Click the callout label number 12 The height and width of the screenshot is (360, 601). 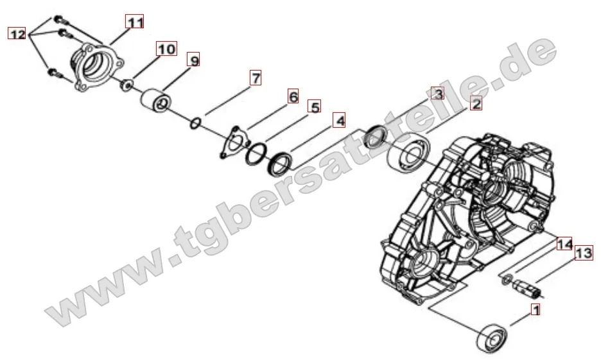click(x=17, y=34)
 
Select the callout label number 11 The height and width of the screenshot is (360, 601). click(x=134, y=22)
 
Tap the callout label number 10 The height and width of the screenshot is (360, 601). click(x=166, y=49)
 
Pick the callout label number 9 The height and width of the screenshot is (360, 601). click(x=193, y=60)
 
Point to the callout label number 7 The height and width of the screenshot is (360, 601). click(x=256, y=78)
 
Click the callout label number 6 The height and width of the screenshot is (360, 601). click(x=292, y=97)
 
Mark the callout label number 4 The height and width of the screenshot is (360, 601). click(x=339, y=120)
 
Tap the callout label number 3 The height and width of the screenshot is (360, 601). click(x=437, y=94)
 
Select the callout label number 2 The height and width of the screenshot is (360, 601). click(x=476, y=103)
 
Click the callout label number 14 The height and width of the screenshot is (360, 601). click(x=564, y=244)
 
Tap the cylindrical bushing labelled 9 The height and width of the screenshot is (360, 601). click(x=157, y=101)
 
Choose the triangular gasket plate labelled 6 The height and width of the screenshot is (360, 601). click(x=231, y=142)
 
